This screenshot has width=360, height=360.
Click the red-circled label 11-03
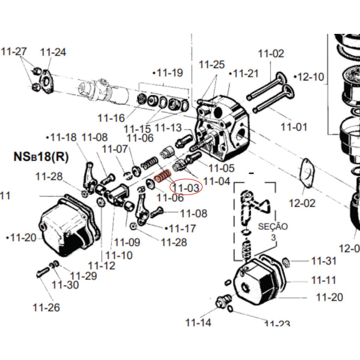(x=186, y=188)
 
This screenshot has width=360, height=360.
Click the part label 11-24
(x=53, y=52)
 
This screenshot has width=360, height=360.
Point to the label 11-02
(x=271, y=54)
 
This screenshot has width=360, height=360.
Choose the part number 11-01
(x=294, y=127)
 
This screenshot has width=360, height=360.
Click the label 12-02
(x=302, y=203)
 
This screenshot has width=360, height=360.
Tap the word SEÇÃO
(x=273, y=226)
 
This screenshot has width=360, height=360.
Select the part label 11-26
(x=46, y=307)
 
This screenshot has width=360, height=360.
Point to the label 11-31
(x=324, y=261)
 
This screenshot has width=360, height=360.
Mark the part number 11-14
(x=198, y=323)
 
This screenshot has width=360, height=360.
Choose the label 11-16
(x=111, y=118)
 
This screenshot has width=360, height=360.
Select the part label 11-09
(x=127, y=242)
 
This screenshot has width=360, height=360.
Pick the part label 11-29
(x=83, y=276)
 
